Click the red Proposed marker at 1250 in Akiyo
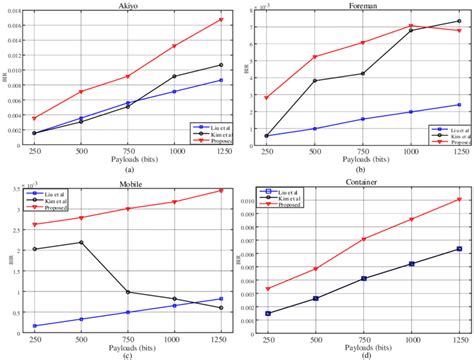pos(220,20)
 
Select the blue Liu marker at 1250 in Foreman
pos(459,105)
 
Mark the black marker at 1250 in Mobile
pos(221,308)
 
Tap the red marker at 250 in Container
pos(269,289)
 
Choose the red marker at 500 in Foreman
pos(315,57)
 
